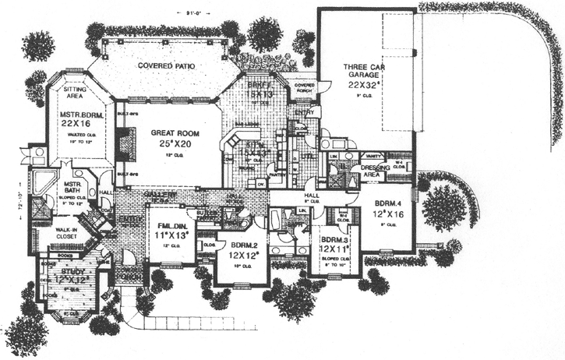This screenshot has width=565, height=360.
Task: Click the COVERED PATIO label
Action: [166, 66]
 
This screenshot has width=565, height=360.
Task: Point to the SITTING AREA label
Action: [75, 94]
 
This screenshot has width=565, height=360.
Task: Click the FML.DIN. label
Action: [169, 228]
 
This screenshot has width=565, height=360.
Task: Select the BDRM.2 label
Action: [242, 243]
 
